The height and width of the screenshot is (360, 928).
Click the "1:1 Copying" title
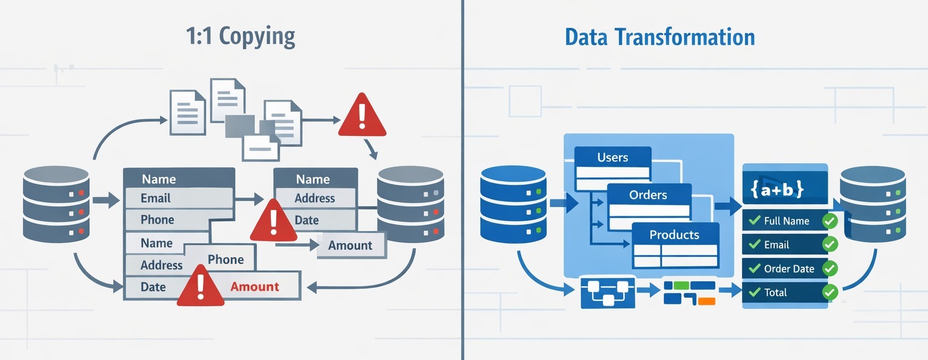click(x=241, y=37)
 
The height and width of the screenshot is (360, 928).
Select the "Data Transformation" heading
click(x=660, y=37)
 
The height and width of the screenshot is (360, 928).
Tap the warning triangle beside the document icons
click(x=362, y=115)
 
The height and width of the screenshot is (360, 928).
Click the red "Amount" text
click(x=254, y=286)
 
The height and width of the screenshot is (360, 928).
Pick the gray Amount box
click(x=350, y=245)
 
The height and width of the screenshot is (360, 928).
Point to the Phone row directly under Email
click(x=158, y=220)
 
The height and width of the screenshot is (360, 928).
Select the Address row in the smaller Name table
click(x=314, y=198)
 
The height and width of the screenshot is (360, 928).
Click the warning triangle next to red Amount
click(x=201, y=287)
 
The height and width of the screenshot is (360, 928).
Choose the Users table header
click(x=613, y=157)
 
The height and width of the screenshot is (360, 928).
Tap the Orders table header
click(x=648, y=195)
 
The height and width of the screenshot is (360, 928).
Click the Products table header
click(x=674, y=234)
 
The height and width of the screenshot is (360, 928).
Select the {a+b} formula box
click(x=784, y=188)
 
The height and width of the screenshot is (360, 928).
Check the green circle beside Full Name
click(x=830, y=220)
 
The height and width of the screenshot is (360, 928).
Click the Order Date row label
click(x=788, y=269)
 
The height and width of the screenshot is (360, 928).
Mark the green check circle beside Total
click(x=830, y=292)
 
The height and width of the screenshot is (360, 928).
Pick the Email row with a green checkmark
click(x=776, y=245)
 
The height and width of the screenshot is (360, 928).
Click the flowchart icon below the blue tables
click(x=608, y=292)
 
